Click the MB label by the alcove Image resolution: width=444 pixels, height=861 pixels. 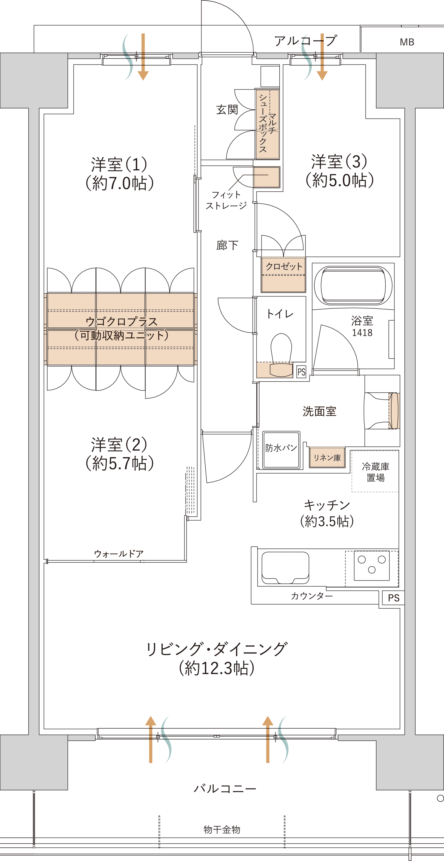click(407, 42)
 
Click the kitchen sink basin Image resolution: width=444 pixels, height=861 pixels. click(285, 567)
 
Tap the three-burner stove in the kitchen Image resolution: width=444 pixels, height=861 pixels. click(371, 565)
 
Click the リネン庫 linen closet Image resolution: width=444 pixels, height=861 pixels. click(327, 458)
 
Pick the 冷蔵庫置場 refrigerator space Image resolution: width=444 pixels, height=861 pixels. click(375, 471)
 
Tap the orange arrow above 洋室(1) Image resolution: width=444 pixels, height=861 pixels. click(143, 57)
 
